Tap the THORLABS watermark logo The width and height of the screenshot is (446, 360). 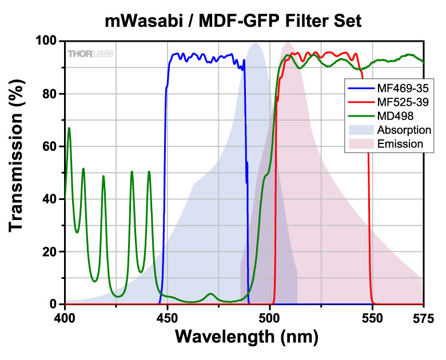(91, 54)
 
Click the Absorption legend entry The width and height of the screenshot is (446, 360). (404, 130)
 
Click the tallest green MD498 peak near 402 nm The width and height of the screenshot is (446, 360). (69, 129)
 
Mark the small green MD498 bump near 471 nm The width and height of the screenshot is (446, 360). (211, 294)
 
